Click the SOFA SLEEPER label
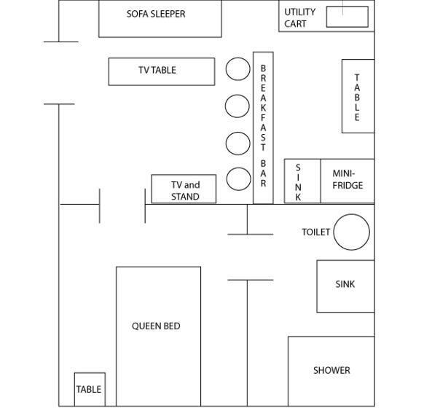(x=156, y=14)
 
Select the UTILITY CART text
(x=299, y=18)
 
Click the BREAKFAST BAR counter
(x=263, y=127)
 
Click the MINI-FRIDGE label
(x=347, y=179)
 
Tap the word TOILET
(x=315, y=232)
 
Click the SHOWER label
(x=331, y=370)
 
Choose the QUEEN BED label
(x=156, y=326)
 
